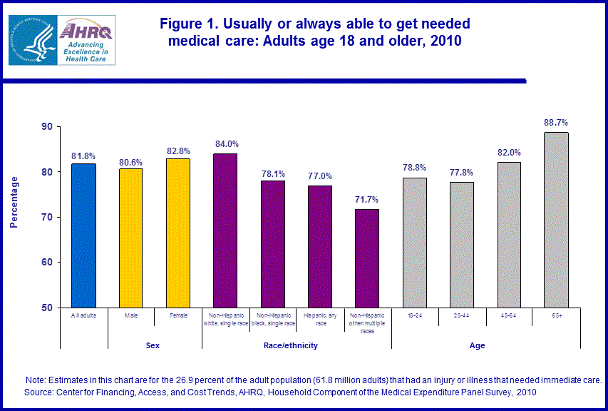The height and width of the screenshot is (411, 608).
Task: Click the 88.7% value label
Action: click(556, 123)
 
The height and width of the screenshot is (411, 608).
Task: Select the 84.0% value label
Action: click(226, 143)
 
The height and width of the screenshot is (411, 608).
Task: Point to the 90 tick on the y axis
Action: click(47, 126)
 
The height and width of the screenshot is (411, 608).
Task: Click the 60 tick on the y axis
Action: click(47, 262)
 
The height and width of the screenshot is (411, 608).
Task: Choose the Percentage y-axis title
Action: click(14, 202)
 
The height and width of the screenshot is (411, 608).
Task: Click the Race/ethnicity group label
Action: click(297, 345)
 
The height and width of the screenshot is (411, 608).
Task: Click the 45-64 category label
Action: click(509, 314)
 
